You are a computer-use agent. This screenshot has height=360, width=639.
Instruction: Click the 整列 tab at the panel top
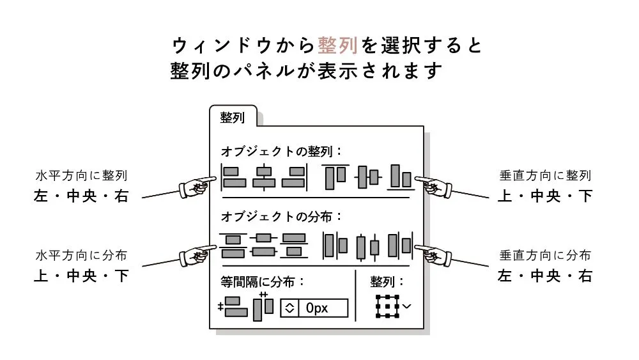[x=233, y=118]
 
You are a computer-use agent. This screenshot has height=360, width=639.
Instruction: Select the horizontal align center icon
[x=263, y=177]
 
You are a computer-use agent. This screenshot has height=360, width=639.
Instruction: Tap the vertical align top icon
[x=334, y=177]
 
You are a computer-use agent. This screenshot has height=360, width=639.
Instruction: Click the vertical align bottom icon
[x=399, y=177]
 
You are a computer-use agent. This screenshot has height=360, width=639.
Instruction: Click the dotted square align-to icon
[x=387, y=307]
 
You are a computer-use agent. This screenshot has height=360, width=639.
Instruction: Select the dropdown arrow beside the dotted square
[x=407, y=306]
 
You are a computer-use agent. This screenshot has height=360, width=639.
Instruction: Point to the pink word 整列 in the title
[x=338, y=45]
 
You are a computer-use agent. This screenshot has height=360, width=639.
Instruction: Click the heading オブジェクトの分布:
[x=282, y=216]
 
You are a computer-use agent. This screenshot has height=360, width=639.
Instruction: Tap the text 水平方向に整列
[x=81, y=175]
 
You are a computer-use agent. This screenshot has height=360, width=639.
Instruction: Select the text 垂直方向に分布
[x=545, y=255]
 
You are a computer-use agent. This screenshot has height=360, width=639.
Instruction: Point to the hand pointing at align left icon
[x=196, y=185]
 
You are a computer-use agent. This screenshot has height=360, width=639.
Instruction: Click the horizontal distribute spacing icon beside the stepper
[x=263, y=306]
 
